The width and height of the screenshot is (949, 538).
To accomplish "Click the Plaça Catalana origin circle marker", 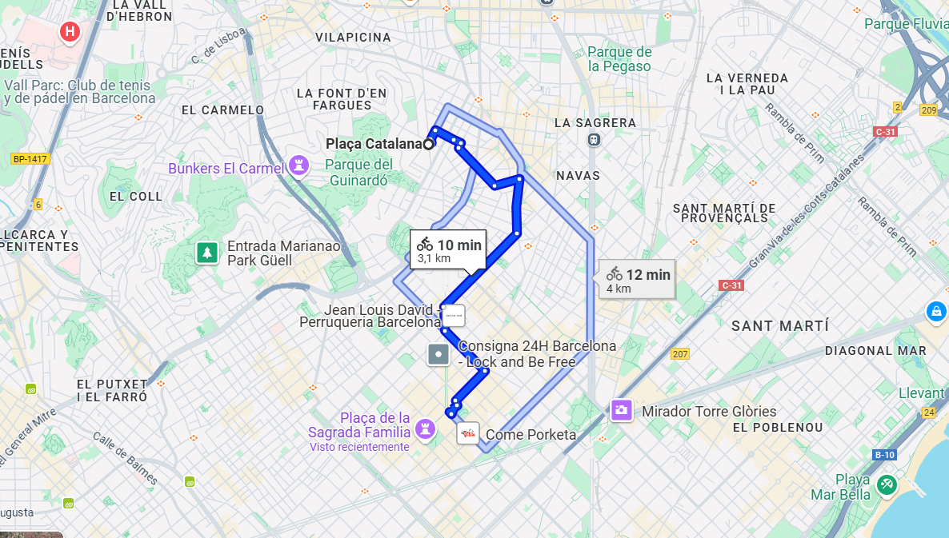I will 429,144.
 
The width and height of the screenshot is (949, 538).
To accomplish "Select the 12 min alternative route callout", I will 638,280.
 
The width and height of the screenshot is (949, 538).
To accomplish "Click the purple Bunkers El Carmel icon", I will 299,165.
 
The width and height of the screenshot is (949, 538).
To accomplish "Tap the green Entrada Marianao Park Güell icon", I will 207,253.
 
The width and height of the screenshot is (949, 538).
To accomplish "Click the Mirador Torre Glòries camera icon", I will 621,411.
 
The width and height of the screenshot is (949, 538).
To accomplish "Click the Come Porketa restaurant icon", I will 468,433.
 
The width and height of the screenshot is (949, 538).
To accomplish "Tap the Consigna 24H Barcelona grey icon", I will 438,354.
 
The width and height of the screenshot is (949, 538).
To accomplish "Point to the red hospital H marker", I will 70,32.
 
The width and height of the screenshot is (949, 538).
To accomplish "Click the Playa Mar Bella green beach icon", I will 885,484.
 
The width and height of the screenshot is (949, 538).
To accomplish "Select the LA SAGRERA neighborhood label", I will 595,123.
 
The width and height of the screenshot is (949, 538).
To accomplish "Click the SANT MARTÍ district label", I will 780,326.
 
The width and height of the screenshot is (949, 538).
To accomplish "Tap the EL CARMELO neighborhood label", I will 222,110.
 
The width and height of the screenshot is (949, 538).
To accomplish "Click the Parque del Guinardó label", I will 360,173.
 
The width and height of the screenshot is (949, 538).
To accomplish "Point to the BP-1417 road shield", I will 30,159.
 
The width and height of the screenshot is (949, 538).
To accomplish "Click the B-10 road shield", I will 884,455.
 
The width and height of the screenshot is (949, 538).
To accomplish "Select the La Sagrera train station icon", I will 593,140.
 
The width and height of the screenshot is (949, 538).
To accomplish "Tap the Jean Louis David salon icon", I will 453,316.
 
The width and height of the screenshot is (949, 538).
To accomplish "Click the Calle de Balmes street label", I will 125,459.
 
